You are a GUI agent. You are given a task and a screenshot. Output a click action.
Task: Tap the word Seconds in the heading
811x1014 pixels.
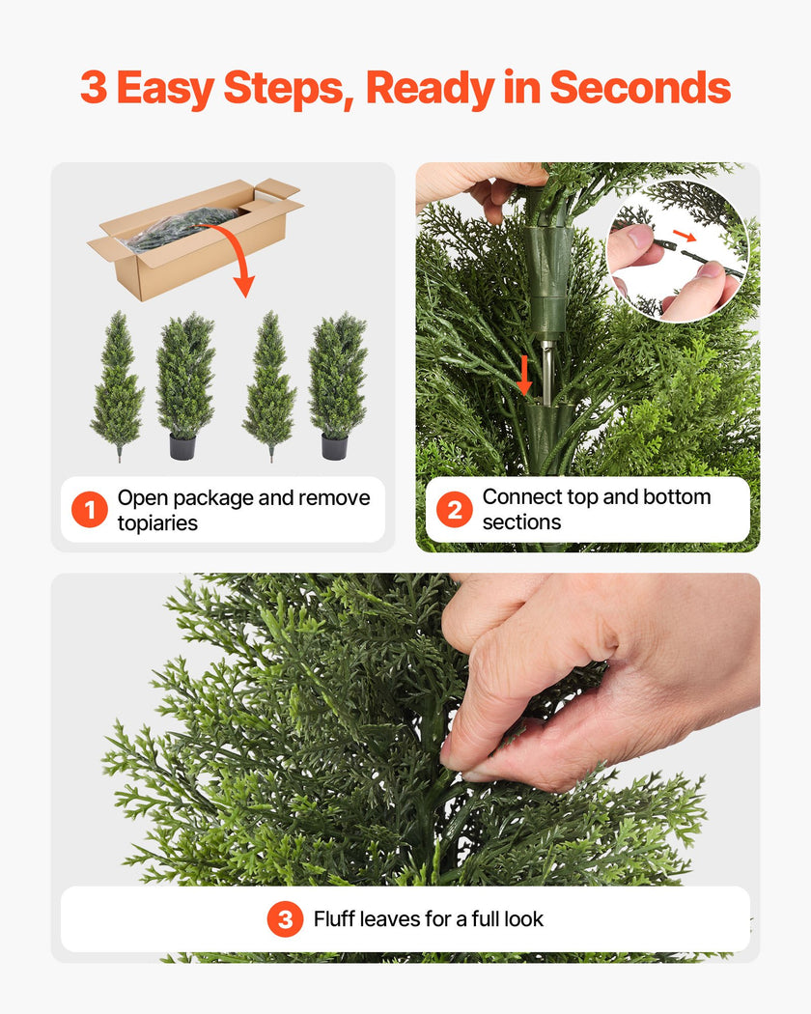(x=639, y=88)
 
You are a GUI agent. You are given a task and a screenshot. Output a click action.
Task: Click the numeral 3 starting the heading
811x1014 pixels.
(x=93, y=88)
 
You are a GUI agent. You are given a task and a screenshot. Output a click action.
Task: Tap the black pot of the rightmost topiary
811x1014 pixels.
(x=334, y=447)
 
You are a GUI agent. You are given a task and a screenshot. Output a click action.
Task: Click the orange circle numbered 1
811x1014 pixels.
(x=90, y=510)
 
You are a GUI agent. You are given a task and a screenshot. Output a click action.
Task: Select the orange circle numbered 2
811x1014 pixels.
(x=455, y=509)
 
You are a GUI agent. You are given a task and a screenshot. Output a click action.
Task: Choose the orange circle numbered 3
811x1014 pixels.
(x=285, y=919)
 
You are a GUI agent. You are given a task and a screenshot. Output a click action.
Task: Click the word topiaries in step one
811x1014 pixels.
(x=157, y=523)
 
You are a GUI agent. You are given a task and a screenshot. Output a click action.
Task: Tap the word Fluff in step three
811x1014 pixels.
(x=334, y=919)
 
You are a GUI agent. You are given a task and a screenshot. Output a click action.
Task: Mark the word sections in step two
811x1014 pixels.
(x=521, y=522)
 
